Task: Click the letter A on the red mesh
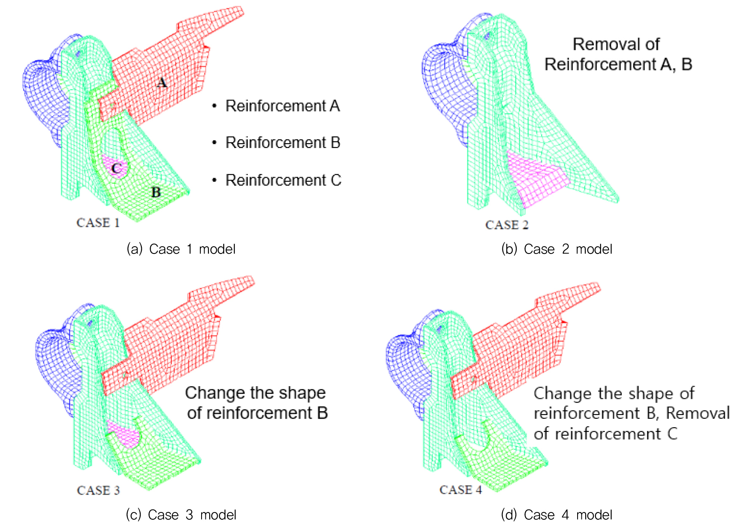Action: [x=161, y=82]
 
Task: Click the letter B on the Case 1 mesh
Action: [x=156, y=192]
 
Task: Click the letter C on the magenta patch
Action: [x=116, y=169]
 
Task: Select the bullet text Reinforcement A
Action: [x=283, y=106]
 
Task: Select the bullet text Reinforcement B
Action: [x=283, y=143]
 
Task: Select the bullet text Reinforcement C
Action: [x=283, y=180]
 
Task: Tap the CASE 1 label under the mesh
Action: [x=98, y=223]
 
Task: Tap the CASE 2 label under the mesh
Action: [x=507, y=225]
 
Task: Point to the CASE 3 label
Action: [x=98, y=490]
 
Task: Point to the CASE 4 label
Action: [x=461, y=490]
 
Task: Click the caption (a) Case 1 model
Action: [x=181, y=249]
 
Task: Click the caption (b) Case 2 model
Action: [x=557, y=249]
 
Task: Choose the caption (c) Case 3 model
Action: [x=181, y=515]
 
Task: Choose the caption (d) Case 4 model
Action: [x=557, y=515]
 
